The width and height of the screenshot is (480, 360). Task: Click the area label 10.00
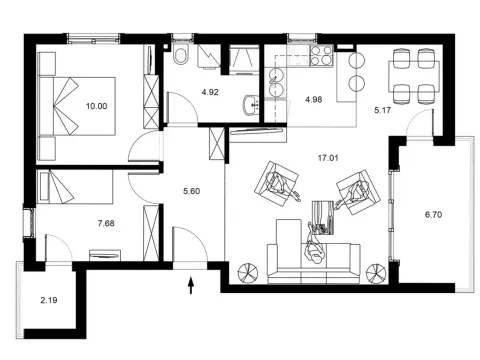[95, 104]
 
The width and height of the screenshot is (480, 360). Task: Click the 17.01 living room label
[326, 156]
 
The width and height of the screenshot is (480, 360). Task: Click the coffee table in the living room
[320, 213]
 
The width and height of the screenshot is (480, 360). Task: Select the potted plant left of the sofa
[248, 270]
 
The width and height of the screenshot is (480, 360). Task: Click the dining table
[414, 76]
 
